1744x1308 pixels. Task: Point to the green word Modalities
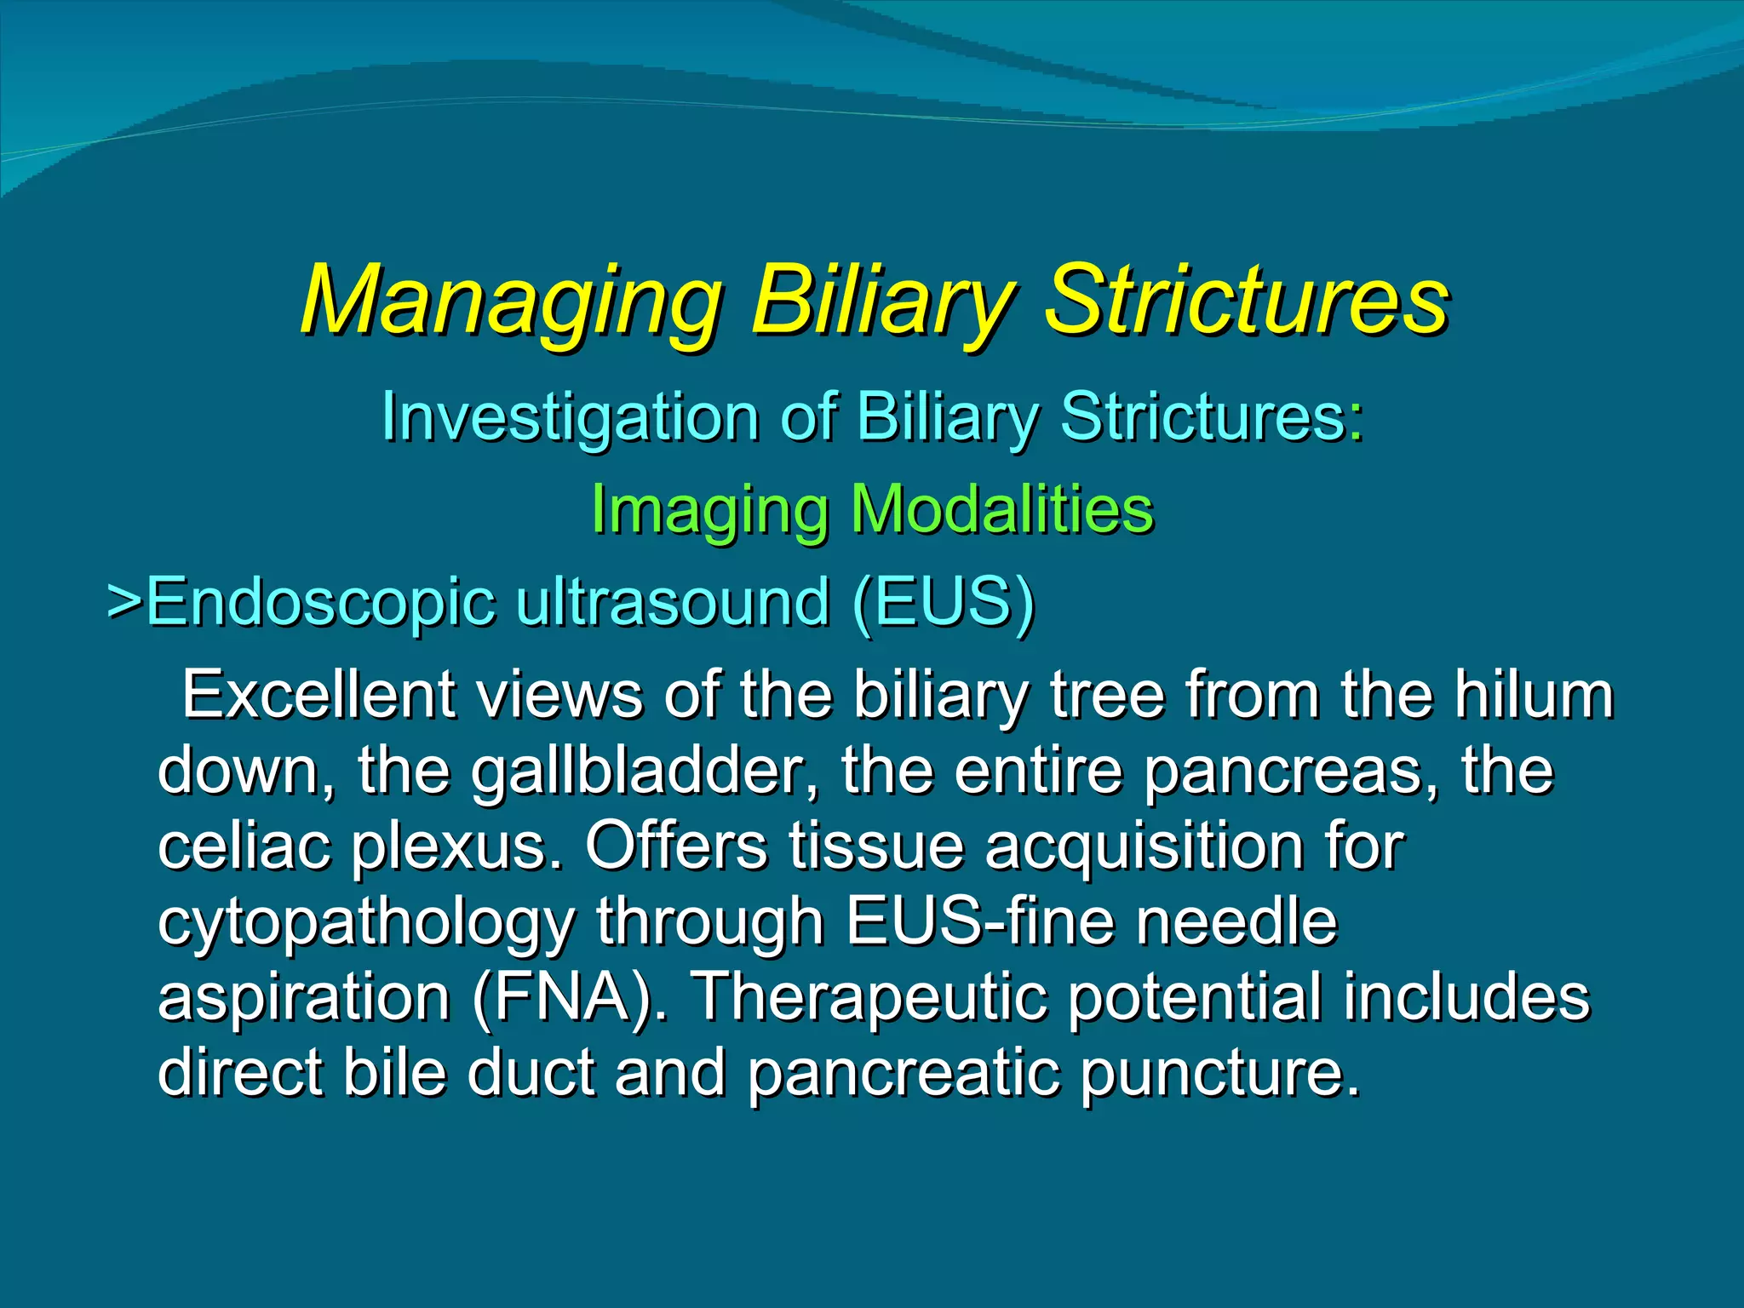1002,510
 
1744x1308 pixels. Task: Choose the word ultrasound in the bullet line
673,602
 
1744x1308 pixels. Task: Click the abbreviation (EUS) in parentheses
943,602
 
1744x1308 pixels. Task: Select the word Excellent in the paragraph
318,696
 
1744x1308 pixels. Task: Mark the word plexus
458,846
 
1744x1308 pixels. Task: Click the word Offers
675,846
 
